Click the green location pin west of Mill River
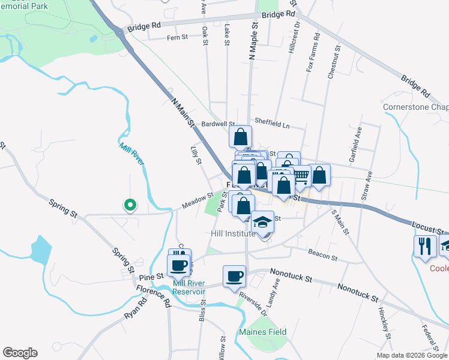point(129,206)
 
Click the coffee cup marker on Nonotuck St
point(234,277)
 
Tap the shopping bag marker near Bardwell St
point(240,137)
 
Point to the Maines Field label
point(262,332)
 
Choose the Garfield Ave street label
point(360,145)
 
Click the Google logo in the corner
point(20,353)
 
